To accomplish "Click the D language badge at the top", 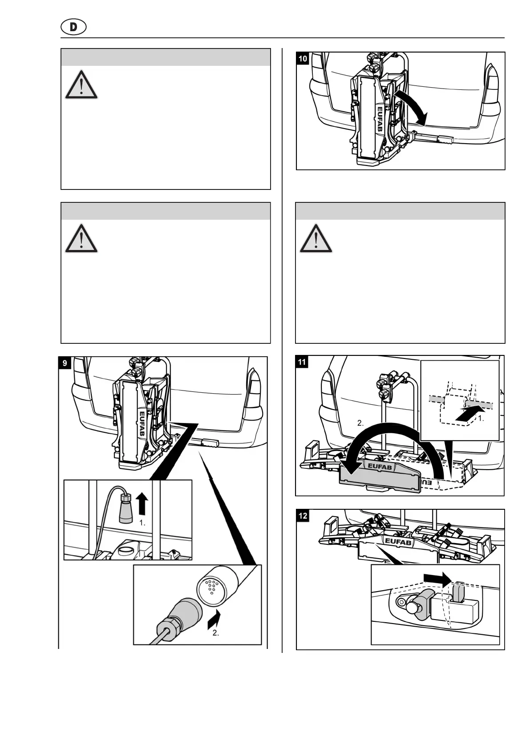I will (x=73, y=27).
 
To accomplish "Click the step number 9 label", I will (x=65, y=363).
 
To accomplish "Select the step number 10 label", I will (x=303, y=59).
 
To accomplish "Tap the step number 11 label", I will (x=302, y=362).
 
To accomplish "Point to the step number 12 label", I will (x=303, y=516).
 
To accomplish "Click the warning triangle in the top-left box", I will (x=81, y=85).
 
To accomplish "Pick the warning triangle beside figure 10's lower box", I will (x=316, y=238).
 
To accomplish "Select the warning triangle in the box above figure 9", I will (x=81, y=238).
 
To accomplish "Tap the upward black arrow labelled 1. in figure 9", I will (x=142, y=504).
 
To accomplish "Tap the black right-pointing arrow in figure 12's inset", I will (x=437, y=577).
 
